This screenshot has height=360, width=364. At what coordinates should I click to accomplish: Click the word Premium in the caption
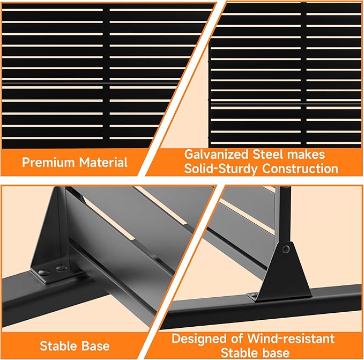coord(48,163)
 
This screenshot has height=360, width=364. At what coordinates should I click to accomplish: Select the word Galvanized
coord(217,155)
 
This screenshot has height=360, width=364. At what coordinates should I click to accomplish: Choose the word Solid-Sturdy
coord(221,169)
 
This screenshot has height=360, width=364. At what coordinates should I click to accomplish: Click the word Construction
coord(300,169)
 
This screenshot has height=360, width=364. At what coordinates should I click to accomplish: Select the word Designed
coord(199,339)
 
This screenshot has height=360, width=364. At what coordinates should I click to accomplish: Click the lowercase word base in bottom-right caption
coord(276,353)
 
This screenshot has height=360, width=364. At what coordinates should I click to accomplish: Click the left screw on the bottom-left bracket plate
coord(44,271)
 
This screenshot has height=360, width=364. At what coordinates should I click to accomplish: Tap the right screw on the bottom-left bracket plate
coord(61,268)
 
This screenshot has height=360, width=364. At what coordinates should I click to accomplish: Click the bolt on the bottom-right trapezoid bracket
coord(286,249)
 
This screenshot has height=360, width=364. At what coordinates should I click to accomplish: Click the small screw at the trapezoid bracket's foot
coord(254,295)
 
